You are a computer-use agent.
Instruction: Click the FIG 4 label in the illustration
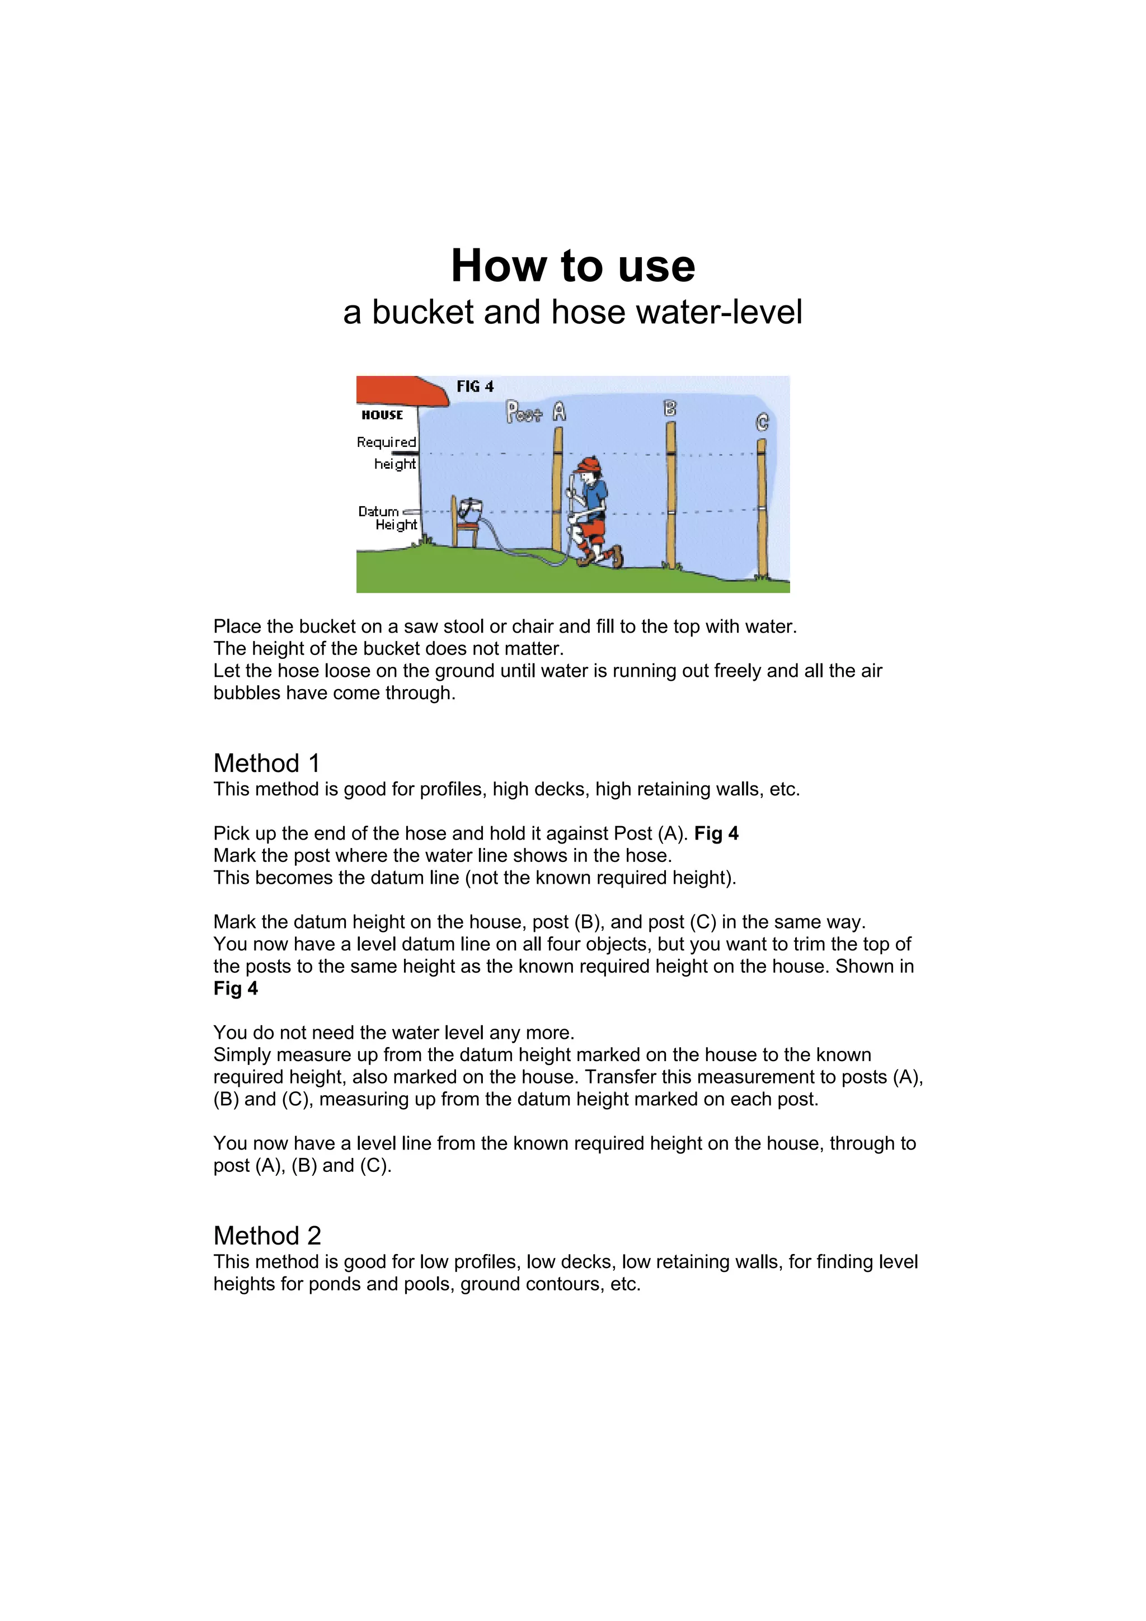(x=475, y=386)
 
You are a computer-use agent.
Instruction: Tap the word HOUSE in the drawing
(x=382, y=415)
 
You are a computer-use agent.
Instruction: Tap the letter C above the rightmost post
(x=762, y=422)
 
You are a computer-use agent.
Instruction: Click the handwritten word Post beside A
(x=523, y=412)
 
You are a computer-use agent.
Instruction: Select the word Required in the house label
(x=386, y=442)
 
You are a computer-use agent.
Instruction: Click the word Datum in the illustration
(x=378, y=511)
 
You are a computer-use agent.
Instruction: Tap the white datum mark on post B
(x=671, y=512)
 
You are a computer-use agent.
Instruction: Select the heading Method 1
(x=266, y=763)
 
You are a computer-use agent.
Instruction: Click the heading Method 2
(x=267, y=1236)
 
